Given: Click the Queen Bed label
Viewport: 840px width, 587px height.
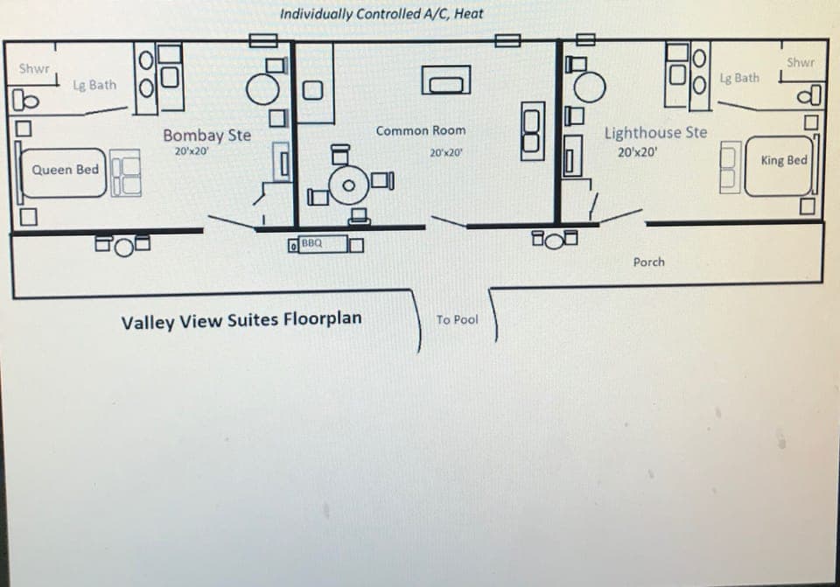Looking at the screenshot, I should [x=66, y=170].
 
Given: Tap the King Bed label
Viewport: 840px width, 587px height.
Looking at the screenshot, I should [x=784, y=161].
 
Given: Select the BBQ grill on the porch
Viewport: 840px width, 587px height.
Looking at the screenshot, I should [x=311, y=242].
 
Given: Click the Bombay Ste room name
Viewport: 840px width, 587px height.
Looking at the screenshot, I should [x=206, y=136].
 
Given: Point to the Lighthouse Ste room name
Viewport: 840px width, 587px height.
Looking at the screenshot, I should [x=655, y=133].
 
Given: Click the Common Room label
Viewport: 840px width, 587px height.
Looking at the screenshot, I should [x=421, y=130].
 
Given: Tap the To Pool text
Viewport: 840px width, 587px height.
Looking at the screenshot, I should [x=457, y=320].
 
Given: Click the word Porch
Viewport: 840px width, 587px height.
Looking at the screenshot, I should [x=648, y=262].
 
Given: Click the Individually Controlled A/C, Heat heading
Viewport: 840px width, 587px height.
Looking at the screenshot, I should [x=381, y=14].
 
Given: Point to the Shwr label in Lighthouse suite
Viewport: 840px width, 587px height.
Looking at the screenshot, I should [x=801, y=62].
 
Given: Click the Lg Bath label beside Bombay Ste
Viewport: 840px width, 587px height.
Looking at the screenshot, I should [x=94, y=85].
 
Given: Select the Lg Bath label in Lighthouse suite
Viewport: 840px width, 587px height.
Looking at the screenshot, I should [x=739, y=78].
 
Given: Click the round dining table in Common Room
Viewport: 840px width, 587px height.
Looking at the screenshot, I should [x=349, y=185].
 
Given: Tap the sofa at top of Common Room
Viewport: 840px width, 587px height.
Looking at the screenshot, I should [x=447, y=81].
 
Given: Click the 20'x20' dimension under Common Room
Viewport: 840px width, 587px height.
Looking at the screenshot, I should [x=446, y=152].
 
